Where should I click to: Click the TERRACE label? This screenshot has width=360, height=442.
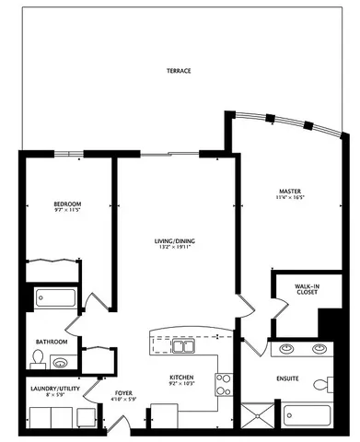(x=179, y=71)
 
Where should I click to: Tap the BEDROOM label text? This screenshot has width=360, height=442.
(x=43, y=204)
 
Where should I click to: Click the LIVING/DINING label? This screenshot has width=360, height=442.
(x=174, y=241)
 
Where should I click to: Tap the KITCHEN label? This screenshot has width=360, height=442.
(x=181, y=378)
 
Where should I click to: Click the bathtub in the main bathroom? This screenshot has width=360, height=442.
(x=55, y=298)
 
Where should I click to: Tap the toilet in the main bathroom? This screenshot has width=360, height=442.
(x=39, y=360)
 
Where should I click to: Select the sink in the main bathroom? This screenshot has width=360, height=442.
(x=61, y=362)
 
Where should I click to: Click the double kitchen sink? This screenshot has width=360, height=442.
(x=185, y=347)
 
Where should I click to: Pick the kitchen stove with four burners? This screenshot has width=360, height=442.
(x=222, y=381)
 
